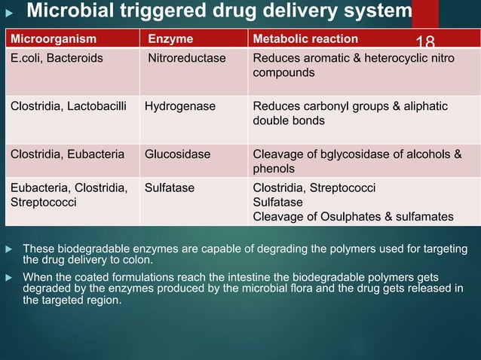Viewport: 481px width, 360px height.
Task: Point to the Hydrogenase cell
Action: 180,106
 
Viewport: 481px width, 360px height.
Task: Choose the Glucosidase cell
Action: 179,154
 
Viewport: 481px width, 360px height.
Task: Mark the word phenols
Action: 274,169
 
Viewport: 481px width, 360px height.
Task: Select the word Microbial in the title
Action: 64,12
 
